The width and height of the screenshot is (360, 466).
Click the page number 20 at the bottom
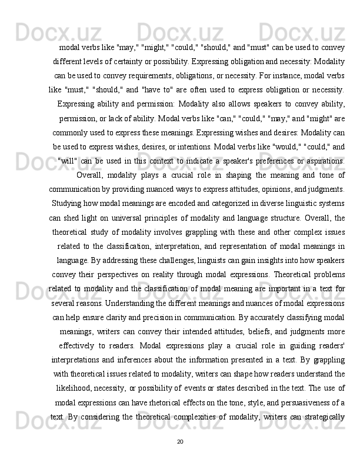pyautogui.click(x=180, y=441)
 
